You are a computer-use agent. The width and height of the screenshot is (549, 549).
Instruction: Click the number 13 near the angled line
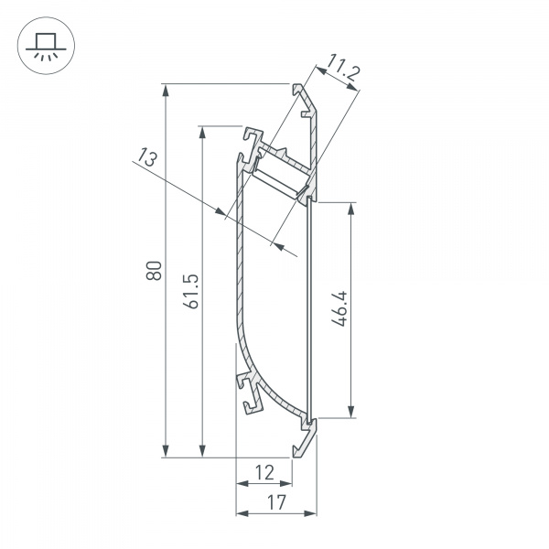[x=145, y=159]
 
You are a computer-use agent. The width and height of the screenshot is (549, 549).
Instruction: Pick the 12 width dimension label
[x=264, y=472]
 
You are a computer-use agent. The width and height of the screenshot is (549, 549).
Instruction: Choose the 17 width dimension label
[x=276, y=501]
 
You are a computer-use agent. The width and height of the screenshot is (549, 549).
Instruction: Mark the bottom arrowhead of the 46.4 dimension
[x=350, y=412]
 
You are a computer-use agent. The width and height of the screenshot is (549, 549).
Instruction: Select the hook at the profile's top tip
[x=300, y=90]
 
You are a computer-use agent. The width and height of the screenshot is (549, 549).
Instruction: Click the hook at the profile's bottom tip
[x=298, y=448]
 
